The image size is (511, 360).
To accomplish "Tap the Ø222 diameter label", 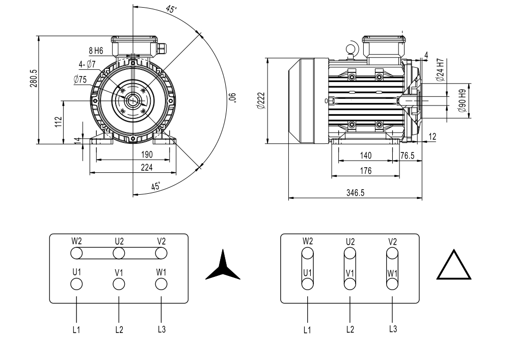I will pyautogui.click(x=260, y=101).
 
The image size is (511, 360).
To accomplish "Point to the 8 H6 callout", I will pyautogui.click(x=96, y=50).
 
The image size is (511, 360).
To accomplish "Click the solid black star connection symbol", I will pyautogui.click(x=222, y=266).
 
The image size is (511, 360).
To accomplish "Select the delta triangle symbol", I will pyautogui.click(x=454, y=266).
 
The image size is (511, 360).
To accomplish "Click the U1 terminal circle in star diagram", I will pyautogui.click(x=76, y=284).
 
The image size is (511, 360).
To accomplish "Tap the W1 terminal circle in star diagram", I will pyautogui.click(x=161, y=284).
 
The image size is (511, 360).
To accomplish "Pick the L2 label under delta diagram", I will pyautogui.click(x=349, y=329).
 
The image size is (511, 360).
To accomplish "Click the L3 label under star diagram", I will pyautogui.click(x=161, y=329).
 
